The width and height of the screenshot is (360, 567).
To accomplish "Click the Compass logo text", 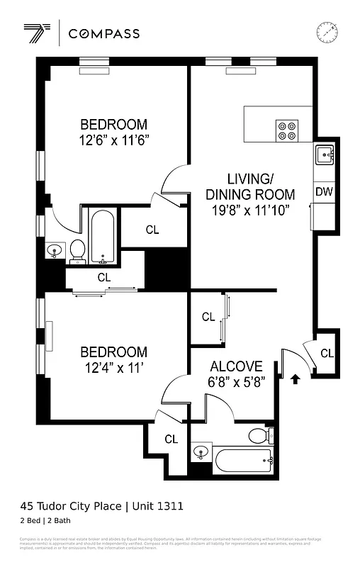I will tap(108, 33).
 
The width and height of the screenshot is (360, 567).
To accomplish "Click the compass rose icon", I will tap(327, 32).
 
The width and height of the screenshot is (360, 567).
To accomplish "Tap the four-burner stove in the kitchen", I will tap(287, 130).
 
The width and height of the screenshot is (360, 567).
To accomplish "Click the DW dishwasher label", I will tap(324, 191).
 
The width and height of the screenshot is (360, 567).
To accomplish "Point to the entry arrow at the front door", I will tap(295, 379).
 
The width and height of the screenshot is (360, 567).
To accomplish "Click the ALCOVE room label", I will tap(236, 367).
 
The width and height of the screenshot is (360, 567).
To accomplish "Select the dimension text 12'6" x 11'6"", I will tap(113, 140).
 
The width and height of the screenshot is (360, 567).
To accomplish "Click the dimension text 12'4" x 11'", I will tap(113, 368).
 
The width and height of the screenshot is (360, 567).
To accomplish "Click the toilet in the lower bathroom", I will tap(261, 435).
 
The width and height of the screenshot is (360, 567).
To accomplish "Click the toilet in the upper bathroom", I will tap(78, 249).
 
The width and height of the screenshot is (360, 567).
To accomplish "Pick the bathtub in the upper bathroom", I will tap(103, 235).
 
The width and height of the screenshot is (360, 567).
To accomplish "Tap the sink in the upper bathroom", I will tap(54, 251).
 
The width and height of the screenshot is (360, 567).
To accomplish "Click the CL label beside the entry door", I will tap(326, 353).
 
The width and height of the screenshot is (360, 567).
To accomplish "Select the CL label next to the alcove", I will tap(208, 317).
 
